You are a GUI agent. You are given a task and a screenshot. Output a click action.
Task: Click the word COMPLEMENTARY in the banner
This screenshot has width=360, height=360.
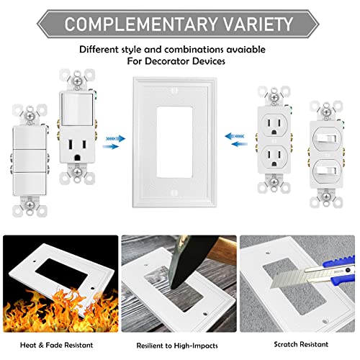[134, 23]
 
